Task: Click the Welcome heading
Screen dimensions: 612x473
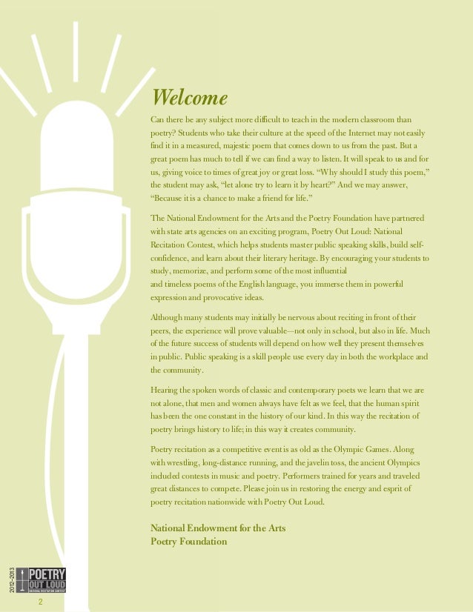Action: click(x=188, y=99)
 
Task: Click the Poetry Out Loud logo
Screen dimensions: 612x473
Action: click(x=46, y=580)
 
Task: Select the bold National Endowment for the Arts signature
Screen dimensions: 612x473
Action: click(x=218, y=528)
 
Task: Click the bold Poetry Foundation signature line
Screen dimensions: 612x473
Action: click(x=188, y=542)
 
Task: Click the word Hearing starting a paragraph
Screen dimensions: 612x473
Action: click(x=166, y=390)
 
